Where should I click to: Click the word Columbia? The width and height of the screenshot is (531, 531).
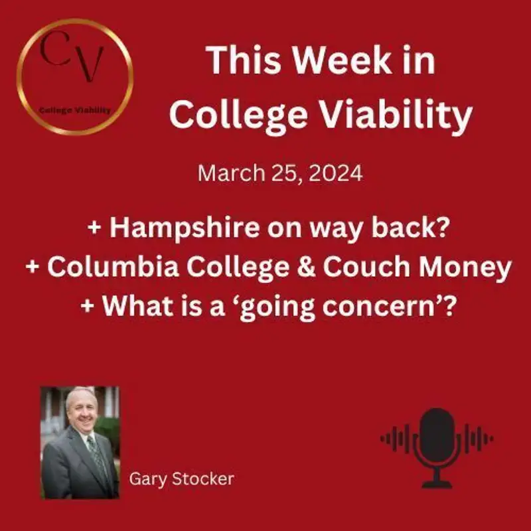tap(106, 268)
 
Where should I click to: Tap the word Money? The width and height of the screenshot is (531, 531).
tap(467, 268)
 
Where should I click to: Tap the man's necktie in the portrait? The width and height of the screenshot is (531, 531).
tap(94, 455)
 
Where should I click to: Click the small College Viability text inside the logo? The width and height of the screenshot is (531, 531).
tap(75, 110)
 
